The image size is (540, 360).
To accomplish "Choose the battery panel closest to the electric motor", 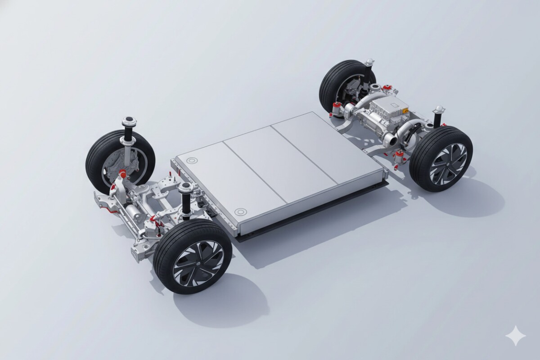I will point(324,144).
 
